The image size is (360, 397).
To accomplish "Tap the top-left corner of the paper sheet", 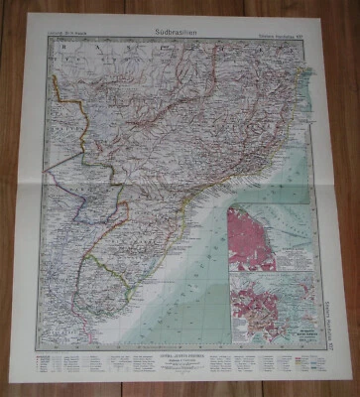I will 30,13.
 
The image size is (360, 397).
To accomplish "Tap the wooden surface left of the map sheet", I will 13,198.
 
